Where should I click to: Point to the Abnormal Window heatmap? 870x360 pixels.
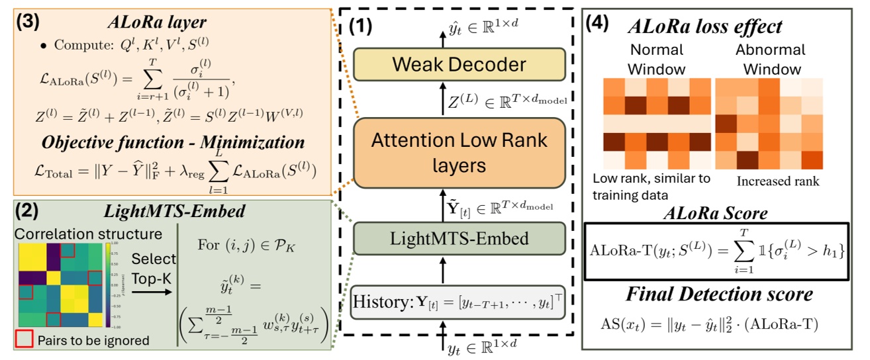pyautogui.click(x=767, y=124)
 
